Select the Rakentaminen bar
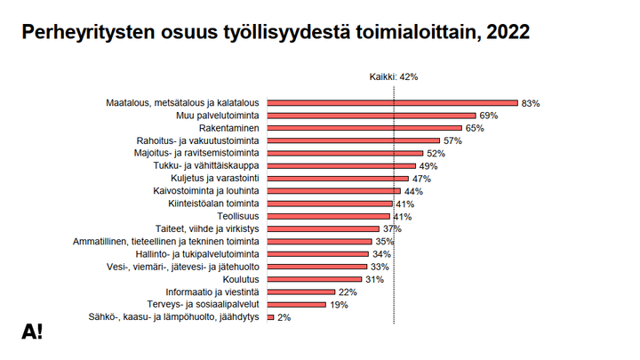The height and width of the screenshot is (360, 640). pyautogui.click(x=364, y=128)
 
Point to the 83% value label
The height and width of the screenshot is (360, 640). pyautogui.click(x=531, y=104)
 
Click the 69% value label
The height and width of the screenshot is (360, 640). pyautogui.click(x=489, y=116)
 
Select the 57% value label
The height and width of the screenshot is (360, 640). pyautogui.click(x=452, y=141)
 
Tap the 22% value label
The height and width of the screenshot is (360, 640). pyautogui.click(x=348, y=292)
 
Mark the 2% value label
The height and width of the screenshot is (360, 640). pyautogui.click(x=284, y=317)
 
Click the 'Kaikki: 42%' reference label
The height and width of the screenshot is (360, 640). pyautogui.click(x=393, y=77)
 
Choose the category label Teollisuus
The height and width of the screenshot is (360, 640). pyautogui.click(x=238, y=216)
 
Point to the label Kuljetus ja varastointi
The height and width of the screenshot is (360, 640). pyautogui.click(x=216, y=178)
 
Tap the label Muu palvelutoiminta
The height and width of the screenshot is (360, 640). pyautogui.click(x=220, y=116)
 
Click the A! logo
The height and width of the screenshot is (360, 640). pyautogui.click(x=32, y=332)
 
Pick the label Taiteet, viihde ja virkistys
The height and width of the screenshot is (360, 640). pyautogui.click(x=207, y=228)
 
